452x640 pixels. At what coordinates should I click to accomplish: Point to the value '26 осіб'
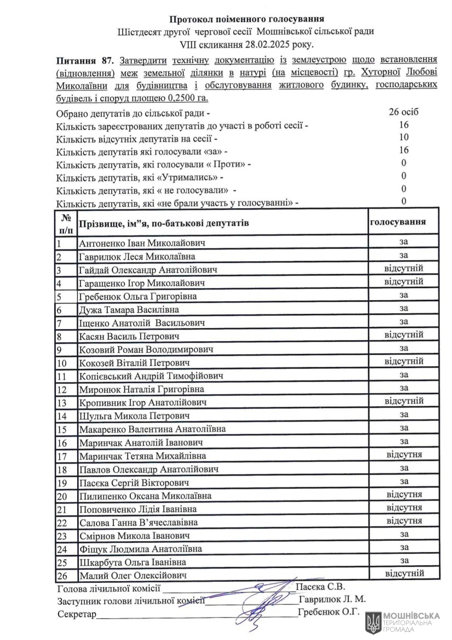pos(404,112)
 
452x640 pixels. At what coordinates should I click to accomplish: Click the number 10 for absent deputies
pos(404,137)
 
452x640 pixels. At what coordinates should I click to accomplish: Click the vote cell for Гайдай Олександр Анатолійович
pos(404,269)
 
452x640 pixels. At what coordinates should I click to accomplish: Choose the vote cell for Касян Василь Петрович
pos(404,335)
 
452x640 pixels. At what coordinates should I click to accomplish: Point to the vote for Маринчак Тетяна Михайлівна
pos(404,454)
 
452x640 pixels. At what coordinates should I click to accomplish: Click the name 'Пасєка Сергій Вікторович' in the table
pos(135,482)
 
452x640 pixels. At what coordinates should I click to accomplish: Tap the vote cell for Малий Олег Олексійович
pos(404,573)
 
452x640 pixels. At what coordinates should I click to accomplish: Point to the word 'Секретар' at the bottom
pos(77,614)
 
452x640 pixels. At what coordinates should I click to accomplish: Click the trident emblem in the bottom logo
pos(374,623)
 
